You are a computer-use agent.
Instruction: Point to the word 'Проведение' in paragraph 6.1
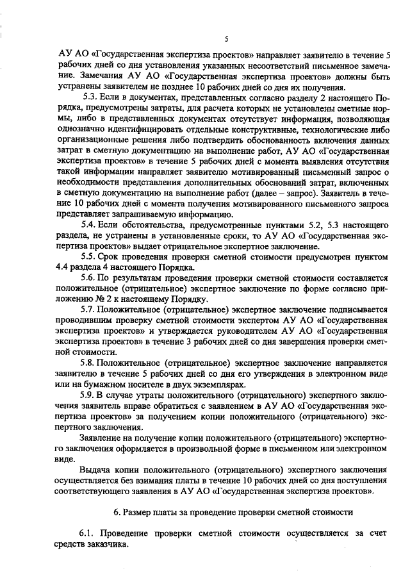[131, 533]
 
